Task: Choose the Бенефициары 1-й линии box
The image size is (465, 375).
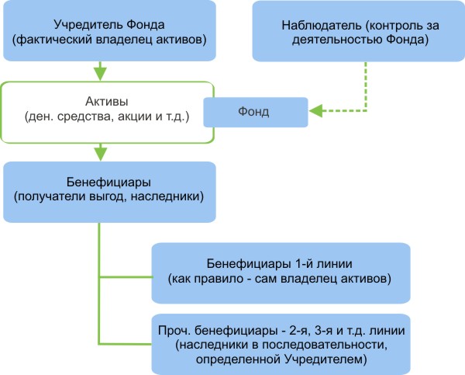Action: [x=280, y=269]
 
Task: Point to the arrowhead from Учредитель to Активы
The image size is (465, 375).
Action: [x=100, y=74]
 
